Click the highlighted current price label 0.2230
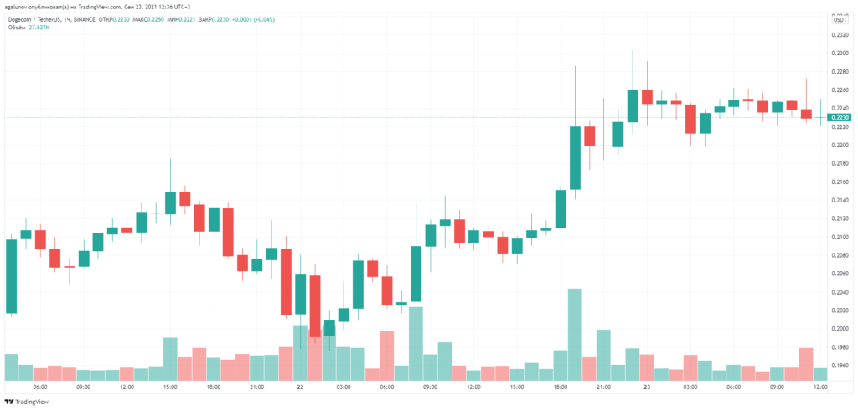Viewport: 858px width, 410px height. [839, 118]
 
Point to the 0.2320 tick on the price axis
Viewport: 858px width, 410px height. [838, 35]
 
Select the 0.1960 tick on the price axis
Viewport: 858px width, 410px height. [838, 366]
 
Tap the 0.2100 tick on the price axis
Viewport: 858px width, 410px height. [838, 238]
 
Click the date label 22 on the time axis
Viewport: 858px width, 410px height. [299, 387]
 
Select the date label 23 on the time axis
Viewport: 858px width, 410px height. [647, 387]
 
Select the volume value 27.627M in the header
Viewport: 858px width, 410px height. [42, 27]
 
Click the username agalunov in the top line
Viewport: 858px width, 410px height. [18, 6]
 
